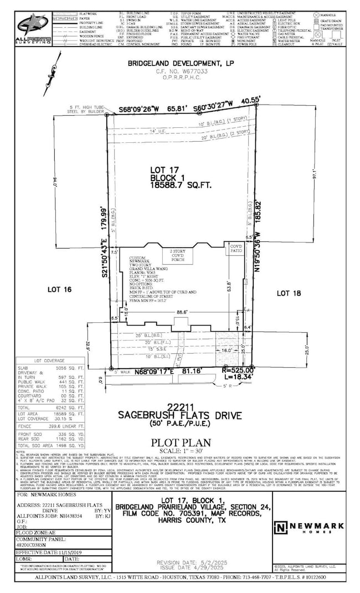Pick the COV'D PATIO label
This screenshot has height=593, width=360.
[236, 248]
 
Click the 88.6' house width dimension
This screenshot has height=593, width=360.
[182, 313]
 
